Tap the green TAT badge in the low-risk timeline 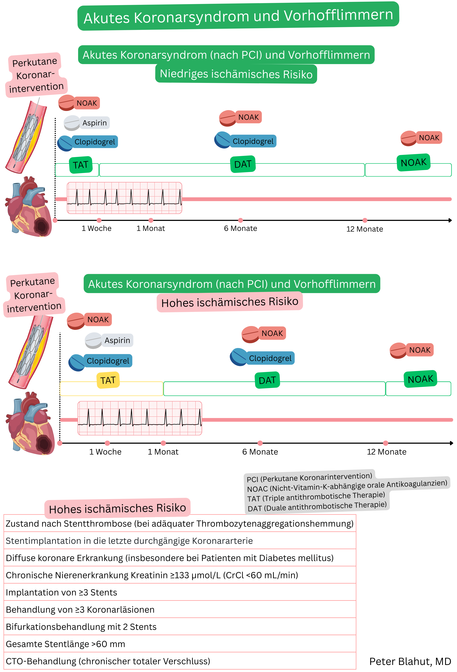pos(81,165)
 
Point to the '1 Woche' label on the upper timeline pos(96,228)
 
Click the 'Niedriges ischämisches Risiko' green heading pos(236,74)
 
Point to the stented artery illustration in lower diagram pos(30,351)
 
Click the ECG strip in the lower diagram pos(140,418)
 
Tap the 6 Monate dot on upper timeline pos(240,220)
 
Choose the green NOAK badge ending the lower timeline pos(420,379)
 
